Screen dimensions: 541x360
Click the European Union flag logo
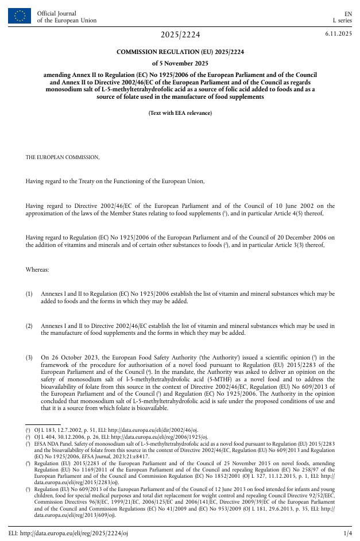click(20, 17)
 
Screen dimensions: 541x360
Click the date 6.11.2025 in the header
click(338, 34)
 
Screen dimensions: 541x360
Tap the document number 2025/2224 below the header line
click(180, 35)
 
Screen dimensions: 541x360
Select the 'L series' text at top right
click(342, 21)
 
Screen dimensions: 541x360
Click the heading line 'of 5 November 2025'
click(180, 63)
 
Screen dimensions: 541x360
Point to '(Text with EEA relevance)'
click(180, 113)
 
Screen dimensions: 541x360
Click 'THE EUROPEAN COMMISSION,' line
click(62, 157)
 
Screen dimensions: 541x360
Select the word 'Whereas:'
click(37, 269)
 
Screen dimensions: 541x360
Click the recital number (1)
click(29, 293)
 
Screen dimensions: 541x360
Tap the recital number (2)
click(29, 326)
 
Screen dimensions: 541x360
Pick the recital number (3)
click(29, 358)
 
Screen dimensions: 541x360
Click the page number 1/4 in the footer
click(347, 534)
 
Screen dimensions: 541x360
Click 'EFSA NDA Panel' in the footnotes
click(54, 444)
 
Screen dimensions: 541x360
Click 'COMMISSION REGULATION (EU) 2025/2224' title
click(180, 52)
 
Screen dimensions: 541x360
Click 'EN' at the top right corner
click(348, 13)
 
